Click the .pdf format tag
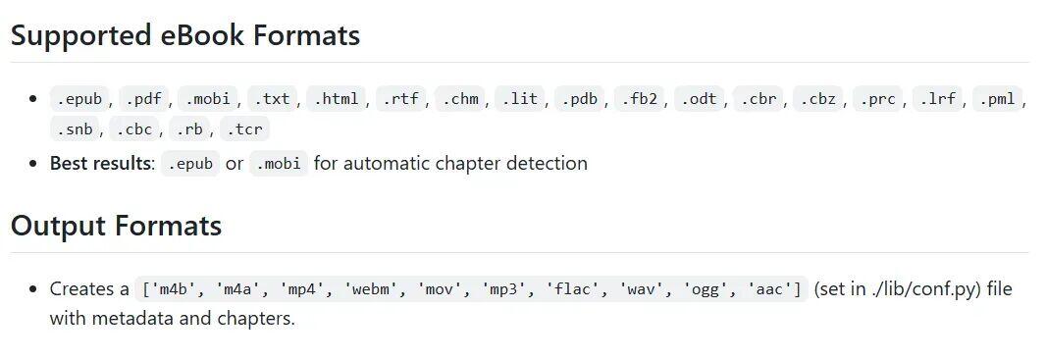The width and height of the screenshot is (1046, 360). [144, 99]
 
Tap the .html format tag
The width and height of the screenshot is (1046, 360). [337, 99]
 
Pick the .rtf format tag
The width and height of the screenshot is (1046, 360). [401, 99]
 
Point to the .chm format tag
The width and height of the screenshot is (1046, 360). [460, 99]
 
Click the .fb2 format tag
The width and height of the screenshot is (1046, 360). [639, 99]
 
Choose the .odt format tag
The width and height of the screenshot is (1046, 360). [699, 99]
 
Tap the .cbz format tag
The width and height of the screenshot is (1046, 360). [817, 99]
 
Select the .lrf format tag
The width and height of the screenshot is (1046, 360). [937, 99]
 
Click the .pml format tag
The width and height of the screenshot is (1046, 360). [997, 99]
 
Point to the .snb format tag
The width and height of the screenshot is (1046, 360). [75, 129]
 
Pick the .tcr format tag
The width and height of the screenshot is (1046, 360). [245, 129]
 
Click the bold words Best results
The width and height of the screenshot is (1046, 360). [101, 164]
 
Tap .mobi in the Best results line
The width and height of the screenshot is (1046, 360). [279, 164]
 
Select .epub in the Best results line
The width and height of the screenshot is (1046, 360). [190, 164]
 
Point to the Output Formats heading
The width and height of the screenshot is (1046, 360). [116, 226]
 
